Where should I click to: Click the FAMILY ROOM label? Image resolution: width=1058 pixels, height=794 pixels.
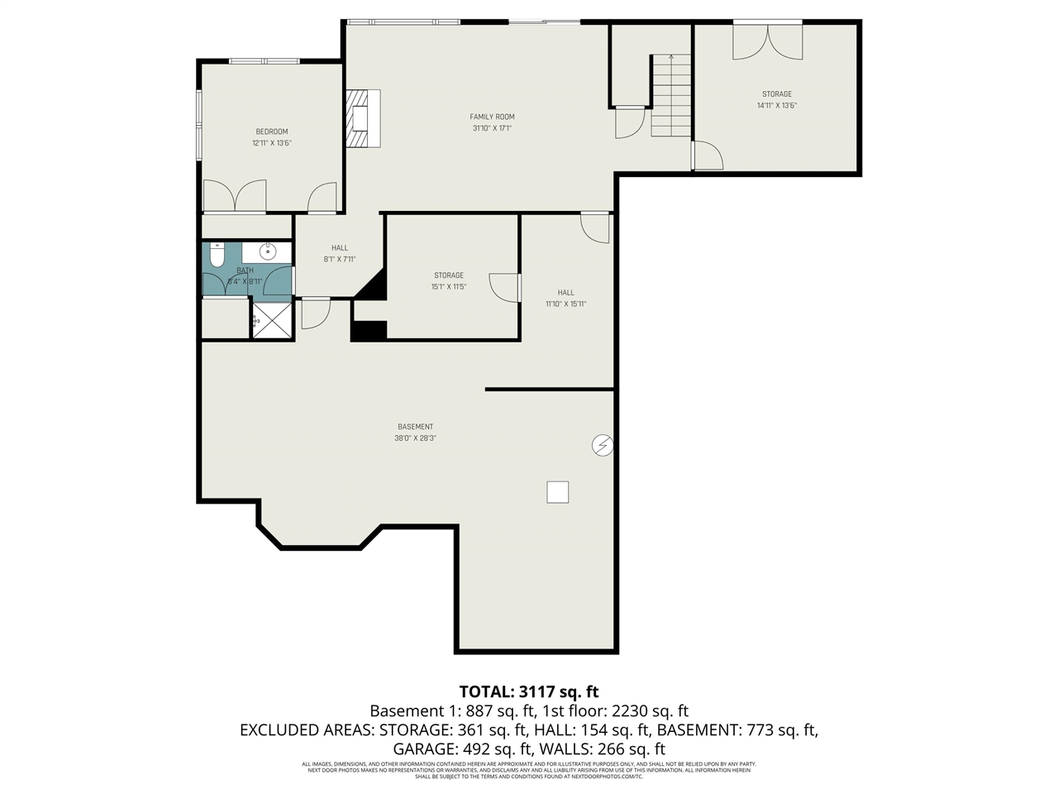[x=492, y=117]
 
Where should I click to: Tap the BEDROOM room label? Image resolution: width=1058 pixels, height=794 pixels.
[x=271, y=132]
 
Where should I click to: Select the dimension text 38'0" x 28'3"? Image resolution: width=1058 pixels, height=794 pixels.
[x=415, y=438]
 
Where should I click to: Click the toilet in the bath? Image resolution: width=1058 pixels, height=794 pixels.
[x=217, y=255]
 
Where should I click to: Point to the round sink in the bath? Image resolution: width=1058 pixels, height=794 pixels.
[x=268, y=251]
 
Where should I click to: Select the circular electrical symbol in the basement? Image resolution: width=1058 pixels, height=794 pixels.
[x=603, y=446]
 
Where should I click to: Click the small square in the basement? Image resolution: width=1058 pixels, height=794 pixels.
[x=558, y=492]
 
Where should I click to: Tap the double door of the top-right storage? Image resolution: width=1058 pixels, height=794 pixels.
[x=767, y=41]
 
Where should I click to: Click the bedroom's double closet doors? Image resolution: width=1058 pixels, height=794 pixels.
[x=235, y=196]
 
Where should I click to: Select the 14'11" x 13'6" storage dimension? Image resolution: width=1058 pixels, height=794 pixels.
[x=776, y=106]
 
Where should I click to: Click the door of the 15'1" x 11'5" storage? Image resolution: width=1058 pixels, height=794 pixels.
[x=504, y=287]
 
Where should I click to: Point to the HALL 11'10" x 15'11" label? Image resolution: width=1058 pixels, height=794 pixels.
[x=565, y=298]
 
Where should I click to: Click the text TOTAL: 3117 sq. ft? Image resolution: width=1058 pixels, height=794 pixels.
[x=528, y=691]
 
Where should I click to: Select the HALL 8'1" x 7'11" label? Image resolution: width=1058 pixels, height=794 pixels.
[x=340, y=253]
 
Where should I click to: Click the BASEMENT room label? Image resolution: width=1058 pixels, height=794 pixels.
[x=415, y=427]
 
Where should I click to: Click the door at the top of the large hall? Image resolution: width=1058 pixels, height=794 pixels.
[x=595, y=227]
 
